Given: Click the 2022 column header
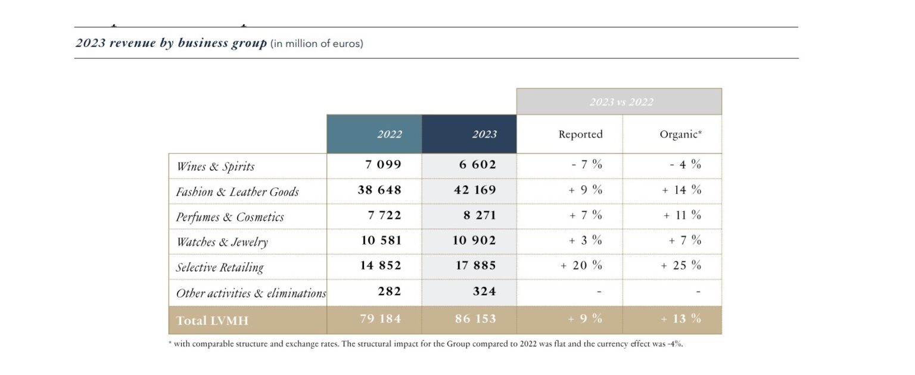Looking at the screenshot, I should tap(389, 135).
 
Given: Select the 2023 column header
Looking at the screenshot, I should tap(484, 135).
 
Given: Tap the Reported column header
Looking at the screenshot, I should tap(580, 135).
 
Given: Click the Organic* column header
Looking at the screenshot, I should tap(680, 135).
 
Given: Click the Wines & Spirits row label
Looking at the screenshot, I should tap(216, 167).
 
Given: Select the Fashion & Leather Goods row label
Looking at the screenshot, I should tap(237, 192).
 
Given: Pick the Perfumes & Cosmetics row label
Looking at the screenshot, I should tap(230, 217).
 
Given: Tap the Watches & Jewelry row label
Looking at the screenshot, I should tap(222, 242).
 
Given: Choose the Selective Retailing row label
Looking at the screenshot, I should tap(219, 267).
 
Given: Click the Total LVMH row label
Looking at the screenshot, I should tap(212, 320).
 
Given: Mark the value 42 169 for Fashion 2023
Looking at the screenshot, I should tap(476, 190).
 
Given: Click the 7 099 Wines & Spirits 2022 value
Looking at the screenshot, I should tap(383, 165).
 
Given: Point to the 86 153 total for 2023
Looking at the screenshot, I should tap(476, 319).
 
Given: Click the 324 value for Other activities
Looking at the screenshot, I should tap(483, 292).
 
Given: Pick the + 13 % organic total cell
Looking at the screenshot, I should tap(681, 319).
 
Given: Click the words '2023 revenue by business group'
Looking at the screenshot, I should tap(171, 43).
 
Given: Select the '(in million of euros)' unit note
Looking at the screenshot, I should tap(316, 44).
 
